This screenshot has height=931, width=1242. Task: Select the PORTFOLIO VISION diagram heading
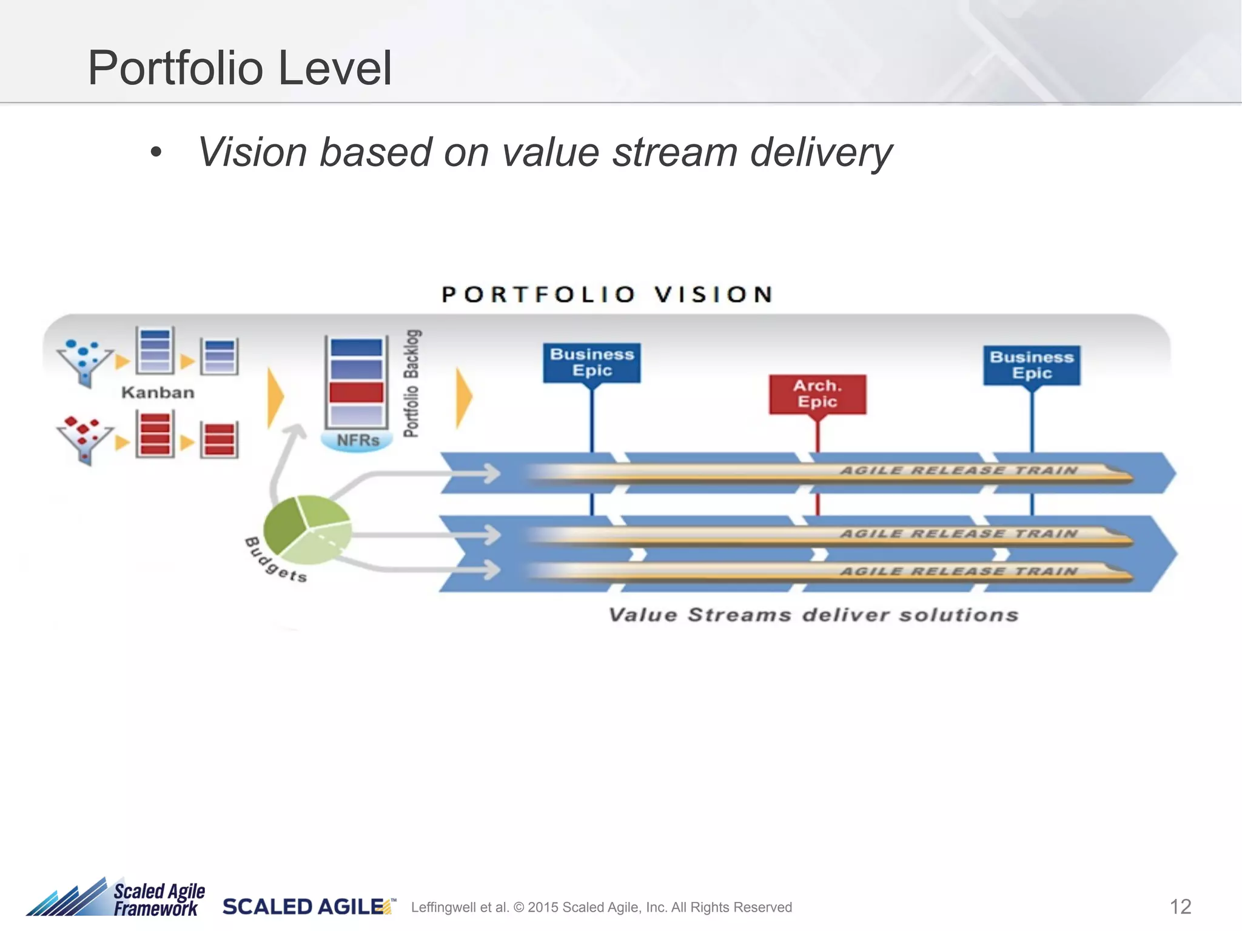tap(607, 295)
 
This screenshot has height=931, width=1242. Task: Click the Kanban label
tap(158, 393)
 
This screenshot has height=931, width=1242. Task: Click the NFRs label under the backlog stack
tap(358, 440)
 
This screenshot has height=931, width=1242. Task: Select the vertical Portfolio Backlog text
tap(412, 383)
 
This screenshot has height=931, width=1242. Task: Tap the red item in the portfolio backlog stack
tap(356, 392)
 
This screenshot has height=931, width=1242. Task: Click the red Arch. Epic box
tap(817, 394)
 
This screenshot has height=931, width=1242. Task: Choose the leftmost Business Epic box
tap(591, 362)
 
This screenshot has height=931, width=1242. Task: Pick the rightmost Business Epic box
tap(1032, 365)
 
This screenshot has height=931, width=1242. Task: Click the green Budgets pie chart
tap(307, 529)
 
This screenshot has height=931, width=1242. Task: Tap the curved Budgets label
tap(276, 561)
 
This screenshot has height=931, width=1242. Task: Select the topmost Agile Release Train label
tap(958, 470)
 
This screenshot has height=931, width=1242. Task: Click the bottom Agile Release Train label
tap(958, 571)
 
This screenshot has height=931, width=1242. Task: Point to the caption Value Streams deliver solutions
tap(813, 615)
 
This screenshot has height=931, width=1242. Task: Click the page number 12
tap(1180, 907)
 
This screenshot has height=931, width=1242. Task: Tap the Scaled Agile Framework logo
tap(115, 899)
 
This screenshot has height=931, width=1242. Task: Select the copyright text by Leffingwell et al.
tap(601, 907)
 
